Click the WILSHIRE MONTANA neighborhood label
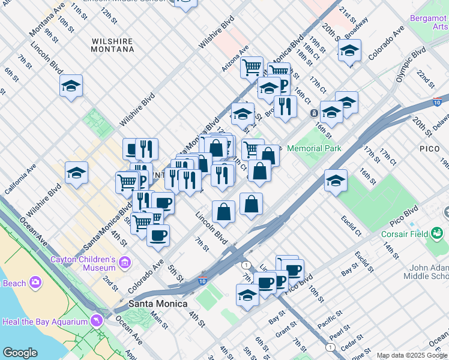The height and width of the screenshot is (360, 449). [x=112, y=45]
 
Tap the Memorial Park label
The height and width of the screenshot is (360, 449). [x=314, y=148]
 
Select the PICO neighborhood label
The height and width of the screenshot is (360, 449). [x=430, y=148]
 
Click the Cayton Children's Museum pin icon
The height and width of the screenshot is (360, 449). [x=125, y=262]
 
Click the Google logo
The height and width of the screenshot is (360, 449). [x=20, y=353]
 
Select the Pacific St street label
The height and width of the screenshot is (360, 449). [x=330, y=319]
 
